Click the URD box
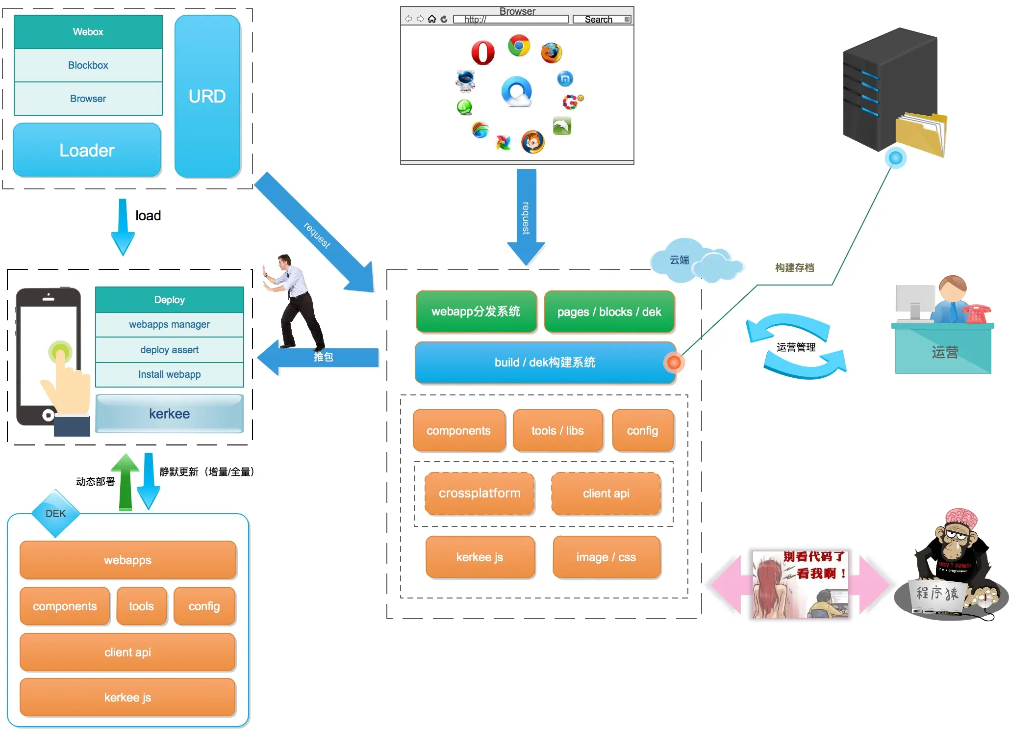(x=207, y=96)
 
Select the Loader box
(x=87, y=150)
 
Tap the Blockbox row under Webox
(x=88, y=65)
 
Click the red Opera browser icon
(x=482, y=52)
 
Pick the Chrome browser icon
(x=519, y=46)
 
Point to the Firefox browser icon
(x=551, y=53)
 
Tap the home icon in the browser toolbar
(x=432, y=19)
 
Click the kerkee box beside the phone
(x=170, y=414)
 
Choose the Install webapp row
(x=170, y=375)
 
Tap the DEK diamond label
(x=55, y=514)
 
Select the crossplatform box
(x=480, y=494)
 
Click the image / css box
(x=606, y=557)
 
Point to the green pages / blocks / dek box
(x=609, y=312)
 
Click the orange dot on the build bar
(x=674, y=363)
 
